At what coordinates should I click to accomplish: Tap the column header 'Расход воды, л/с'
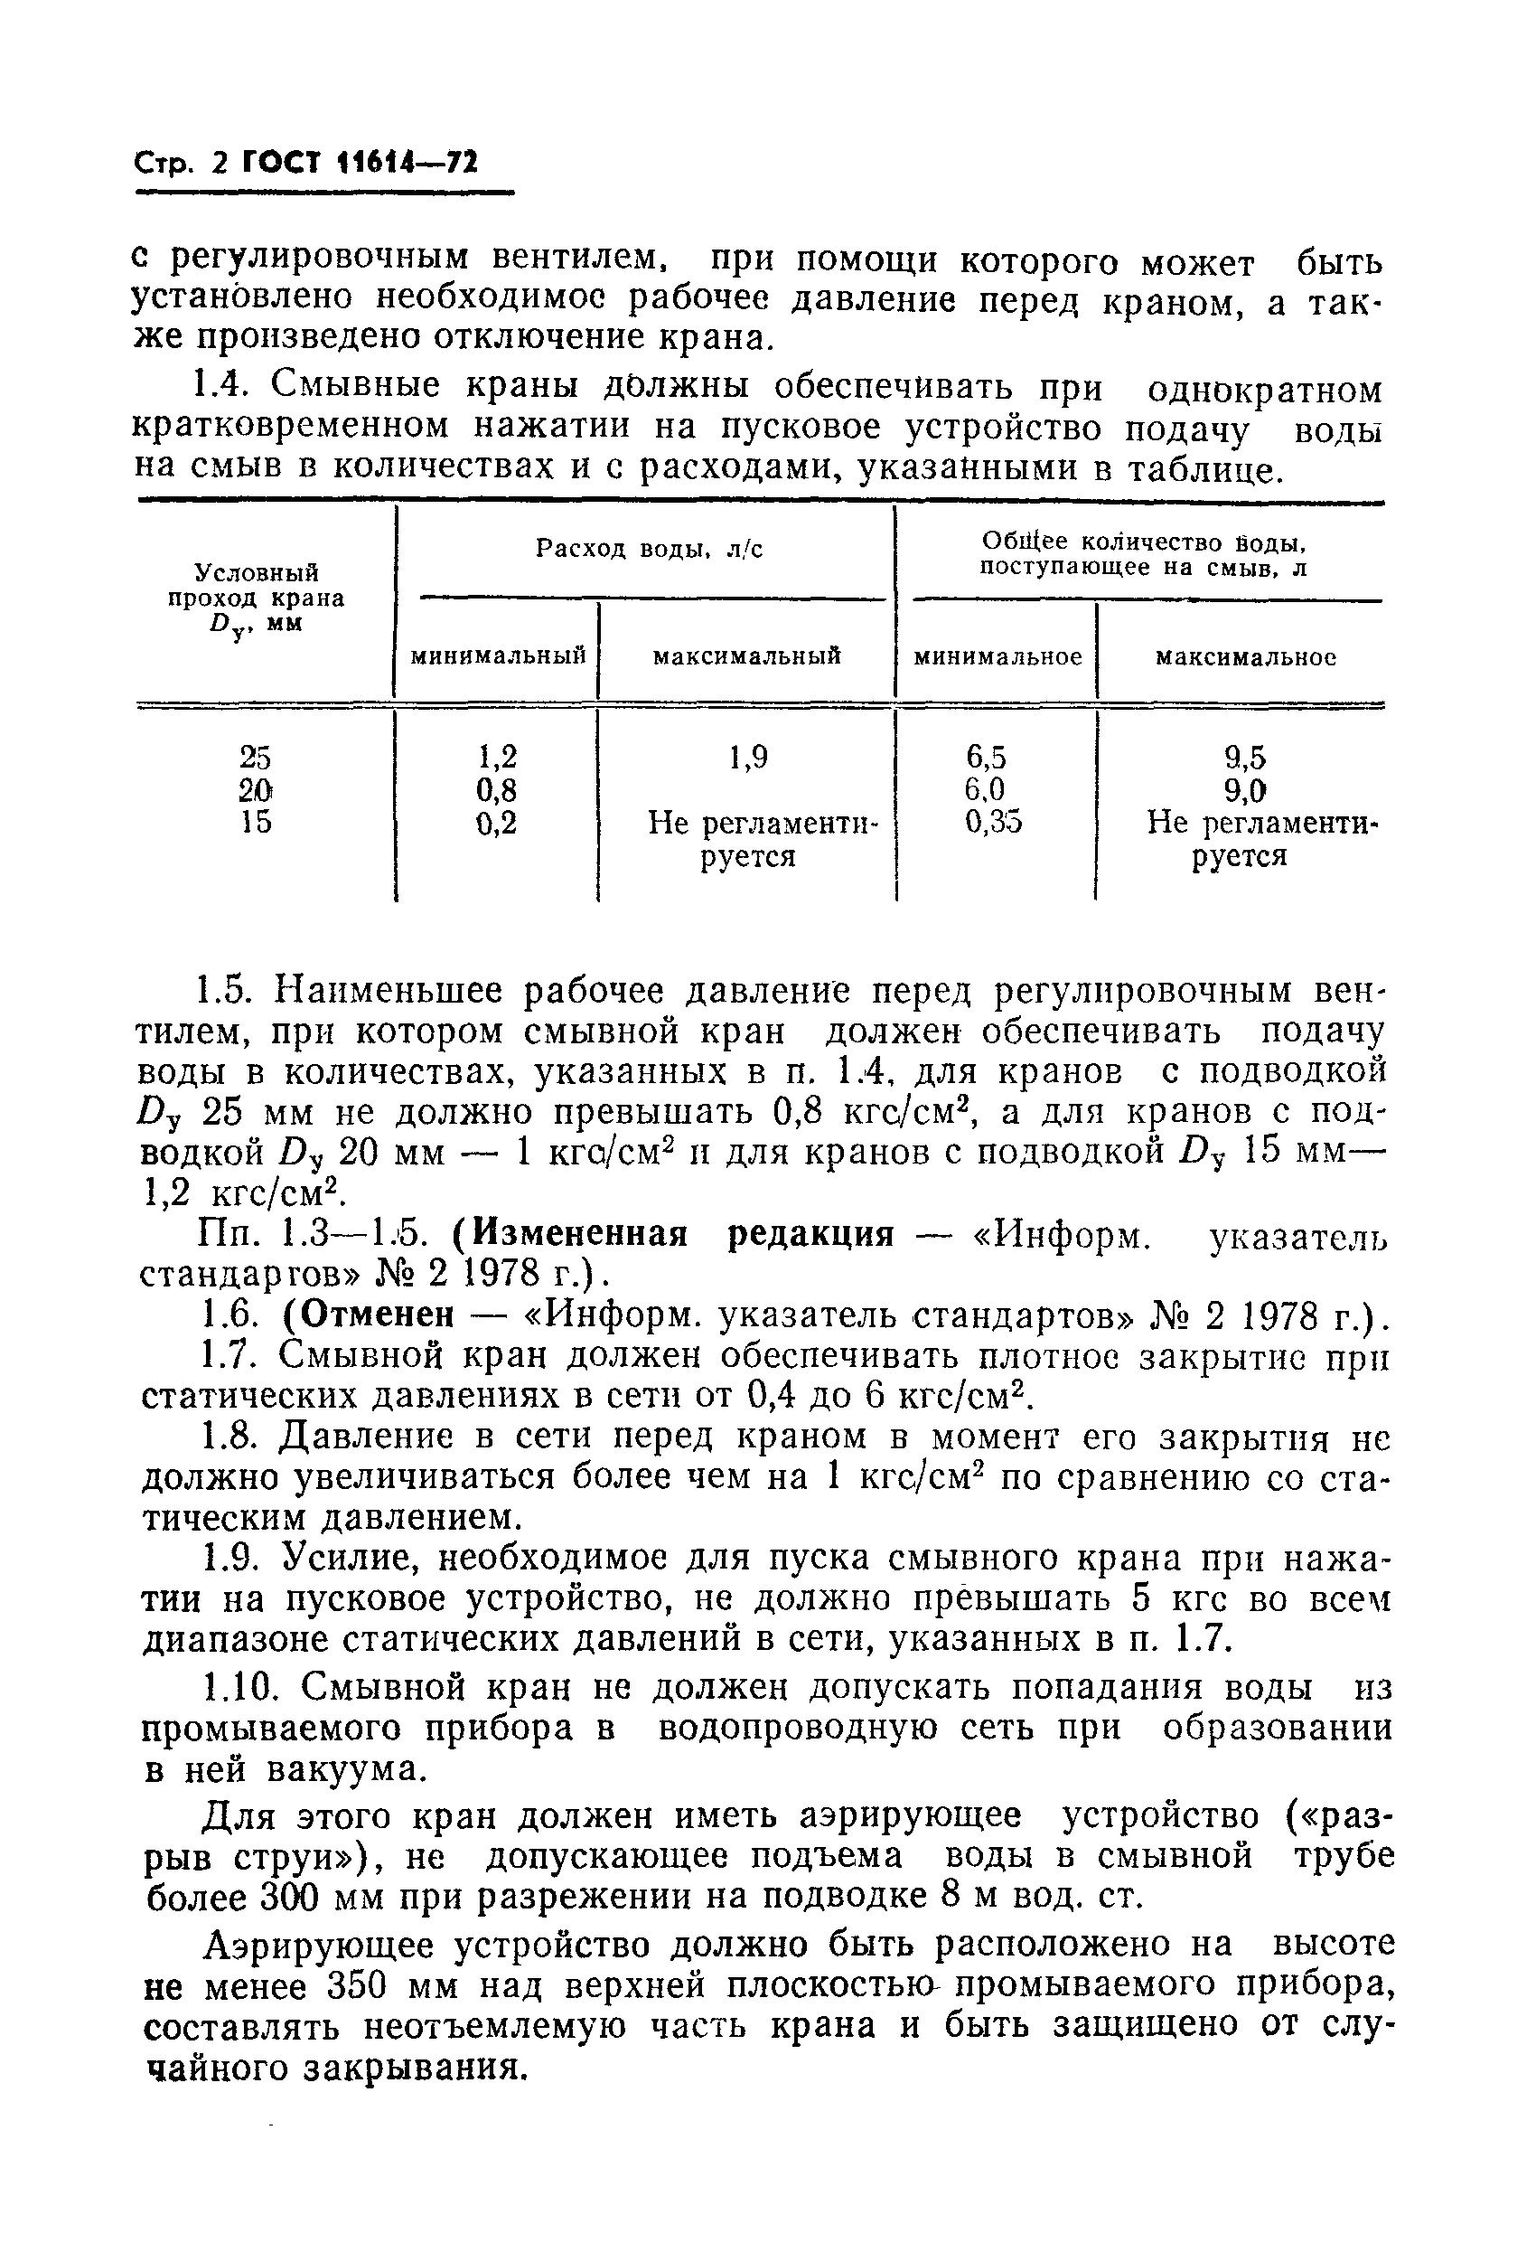[650, 549]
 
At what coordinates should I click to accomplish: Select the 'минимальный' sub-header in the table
[498, 657]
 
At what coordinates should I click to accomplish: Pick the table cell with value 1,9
[749, 758]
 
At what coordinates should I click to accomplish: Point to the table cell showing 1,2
[497, 757]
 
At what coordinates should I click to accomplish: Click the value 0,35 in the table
[994, 823]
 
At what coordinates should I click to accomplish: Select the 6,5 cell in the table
[993, 757]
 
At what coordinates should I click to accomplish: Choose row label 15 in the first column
[256, 823]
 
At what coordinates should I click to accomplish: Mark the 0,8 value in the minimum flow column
[497, 790]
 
